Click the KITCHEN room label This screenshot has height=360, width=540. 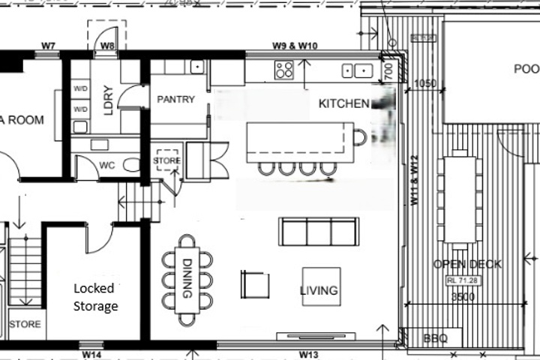[344, 103]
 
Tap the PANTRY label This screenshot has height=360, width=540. [175, 99]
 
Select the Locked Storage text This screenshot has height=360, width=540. [95, 297]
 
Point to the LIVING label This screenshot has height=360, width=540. [319, 290]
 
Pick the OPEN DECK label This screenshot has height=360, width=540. [467, 264]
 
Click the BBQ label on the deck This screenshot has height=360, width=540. [435, 339]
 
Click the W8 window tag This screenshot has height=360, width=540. [109, 46]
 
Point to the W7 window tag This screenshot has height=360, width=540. [49, 46]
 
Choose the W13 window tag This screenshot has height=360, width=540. [310, 353]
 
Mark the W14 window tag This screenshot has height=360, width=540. [92, 353]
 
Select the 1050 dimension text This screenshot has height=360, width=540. [424, 83]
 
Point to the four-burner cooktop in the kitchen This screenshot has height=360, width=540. [284, 70]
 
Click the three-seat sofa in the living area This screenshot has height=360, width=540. [319, 232]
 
